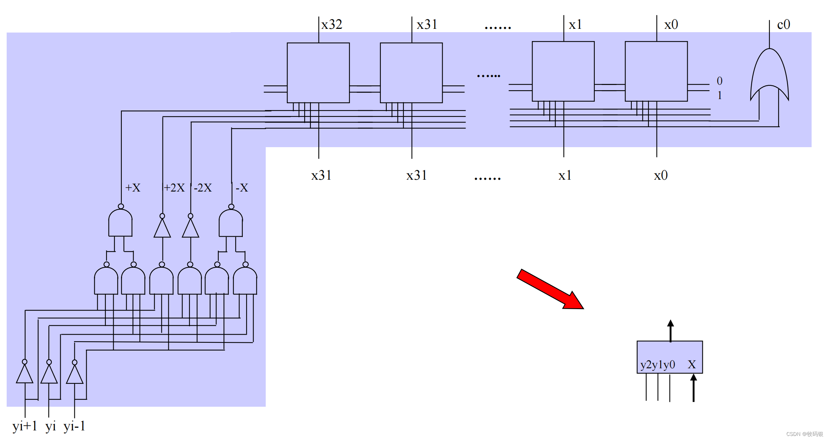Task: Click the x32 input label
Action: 332,25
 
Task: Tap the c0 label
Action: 783,25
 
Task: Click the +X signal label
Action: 133,188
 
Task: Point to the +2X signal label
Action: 174,188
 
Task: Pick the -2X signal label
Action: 203,188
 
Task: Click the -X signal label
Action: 242,188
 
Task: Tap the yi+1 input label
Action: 25,426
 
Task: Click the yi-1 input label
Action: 74,426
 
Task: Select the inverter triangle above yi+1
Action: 25,373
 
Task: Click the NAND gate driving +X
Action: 120,223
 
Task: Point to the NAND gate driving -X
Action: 231,223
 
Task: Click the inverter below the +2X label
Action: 162,228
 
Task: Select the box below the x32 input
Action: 318,72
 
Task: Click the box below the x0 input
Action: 656,71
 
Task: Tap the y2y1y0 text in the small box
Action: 658,365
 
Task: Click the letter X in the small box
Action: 692,365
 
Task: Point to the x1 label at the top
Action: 575,25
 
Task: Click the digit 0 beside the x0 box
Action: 719,81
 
